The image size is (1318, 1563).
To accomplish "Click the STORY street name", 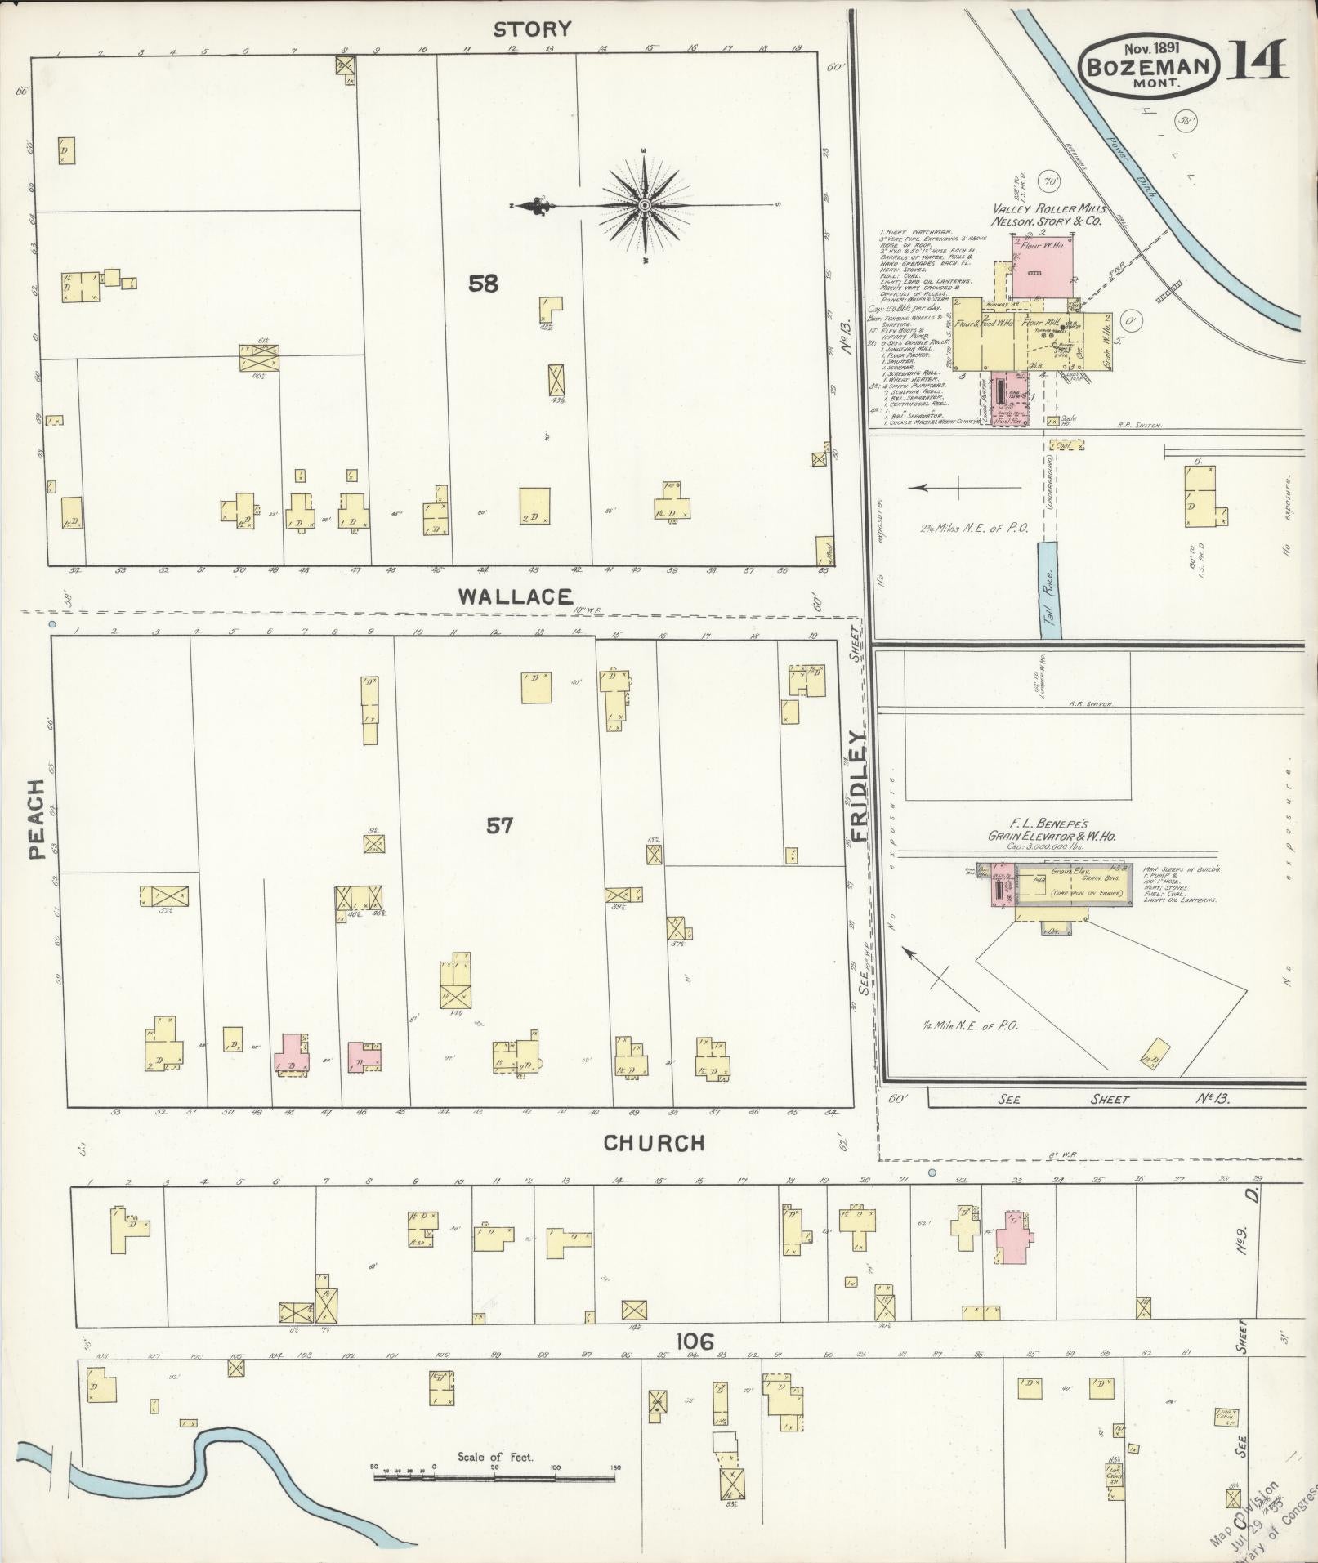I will [x=532, y=29].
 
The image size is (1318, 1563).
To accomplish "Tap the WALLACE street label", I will [x=515, y=596].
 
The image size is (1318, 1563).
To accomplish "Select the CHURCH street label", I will [x=654, y=1143].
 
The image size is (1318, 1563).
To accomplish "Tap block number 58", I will [x=483, y=284].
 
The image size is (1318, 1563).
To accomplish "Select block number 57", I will [x=499, y=826].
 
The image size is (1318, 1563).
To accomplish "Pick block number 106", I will [x=695, y=1342].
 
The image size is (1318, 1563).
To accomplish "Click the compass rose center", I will [x=644, y=204].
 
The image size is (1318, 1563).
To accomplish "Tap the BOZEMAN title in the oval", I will [x=1149, y=66].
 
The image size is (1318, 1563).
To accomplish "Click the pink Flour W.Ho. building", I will [x=1042, y=269].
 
